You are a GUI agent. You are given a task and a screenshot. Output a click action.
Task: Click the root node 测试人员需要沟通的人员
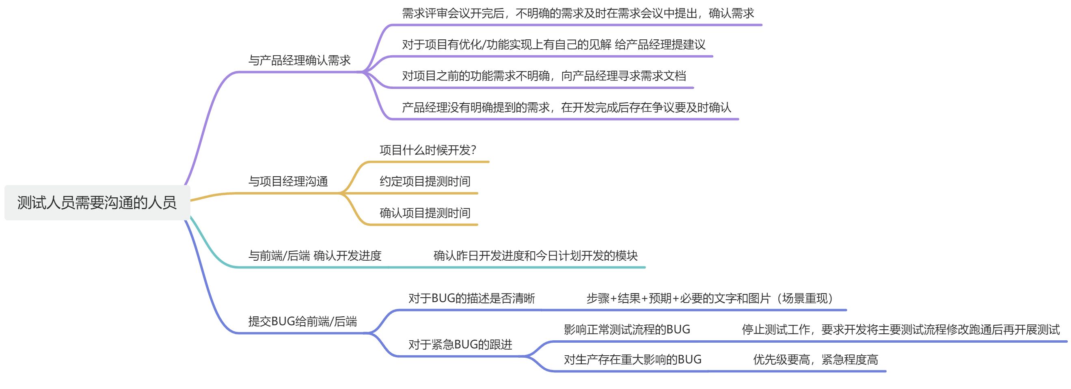tap(97, 203)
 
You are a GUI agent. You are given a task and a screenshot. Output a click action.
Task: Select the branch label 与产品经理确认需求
tap(299, 61)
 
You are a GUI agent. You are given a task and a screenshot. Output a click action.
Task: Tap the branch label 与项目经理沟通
tap(288, 182)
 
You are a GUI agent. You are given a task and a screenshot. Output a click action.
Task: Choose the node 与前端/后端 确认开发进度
tap(315, 255)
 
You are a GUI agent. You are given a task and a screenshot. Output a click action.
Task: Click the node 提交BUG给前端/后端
tap(302, 321)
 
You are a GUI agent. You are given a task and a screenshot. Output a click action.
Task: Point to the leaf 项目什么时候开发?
tap(428, 150)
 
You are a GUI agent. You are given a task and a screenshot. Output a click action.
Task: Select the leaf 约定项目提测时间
tap(425, 182)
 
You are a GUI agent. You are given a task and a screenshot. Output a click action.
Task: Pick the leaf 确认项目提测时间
tap(425, 213)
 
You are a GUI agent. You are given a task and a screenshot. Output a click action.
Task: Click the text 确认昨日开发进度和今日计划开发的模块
tap(535, 255)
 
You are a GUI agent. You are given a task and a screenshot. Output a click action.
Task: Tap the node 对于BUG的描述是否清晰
tap(471, 298)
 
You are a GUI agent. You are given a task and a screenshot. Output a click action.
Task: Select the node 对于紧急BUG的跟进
tap(460, 344)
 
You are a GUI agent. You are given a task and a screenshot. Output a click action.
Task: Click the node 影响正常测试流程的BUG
tap(627, 329)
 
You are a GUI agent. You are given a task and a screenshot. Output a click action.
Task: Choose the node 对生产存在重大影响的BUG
tap(633, 359)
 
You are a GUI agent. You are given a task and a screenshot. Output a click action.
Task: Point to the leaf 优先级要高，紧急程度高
tap(816, 359)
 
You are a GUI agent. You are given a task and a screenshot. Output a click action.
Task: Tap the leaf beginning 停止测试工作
tap(901, 329)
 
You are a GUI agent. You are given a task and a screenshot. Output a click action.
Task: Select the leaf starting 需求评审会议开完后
tap(578, 13)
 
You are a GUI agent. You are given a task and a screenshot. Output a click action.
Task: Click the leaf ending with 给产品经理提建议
tap(553, 45)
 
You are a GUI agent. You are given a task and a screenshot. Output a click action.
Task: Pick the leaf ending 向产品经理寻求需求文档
tap(544, 76)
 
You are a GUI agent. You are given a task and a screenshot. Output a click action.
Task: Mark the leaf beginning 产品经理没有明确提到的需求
tap(566, 107)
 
